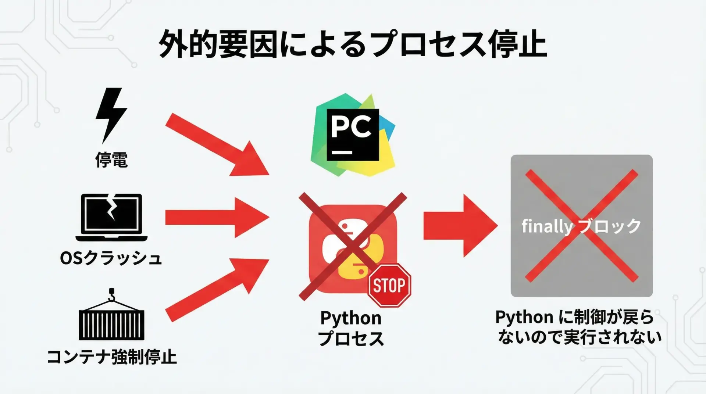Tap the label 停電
(x=111, y=160)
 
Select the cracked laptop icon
(x=111, y=217)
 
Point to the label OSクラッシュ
(x=111, y=258)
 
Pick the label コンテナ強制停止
(x=112, y=357)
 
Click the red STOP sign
(x=389, y=286)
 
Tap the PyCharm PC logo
(x=353, y=135)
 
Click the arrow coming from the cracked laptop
(x=217, y=218)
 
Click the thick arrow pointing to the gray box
(x=460, y=226)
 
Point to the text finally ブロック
(x=581, y=226)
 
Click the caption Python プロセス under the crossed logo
(x=351, y=328)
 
